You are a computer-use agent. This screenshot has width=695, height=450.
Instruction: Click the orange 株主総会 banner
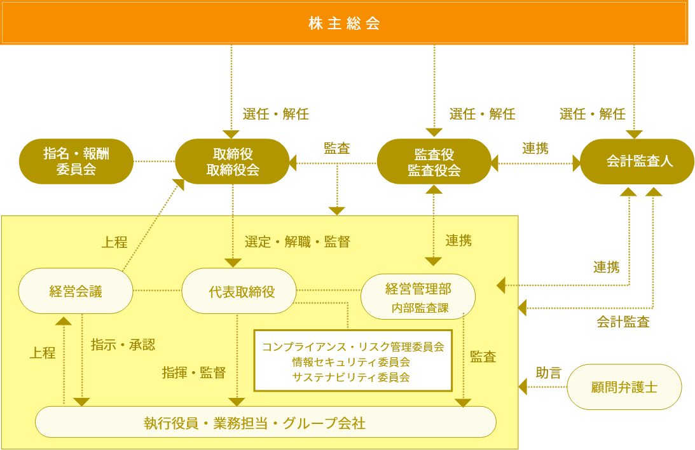344,23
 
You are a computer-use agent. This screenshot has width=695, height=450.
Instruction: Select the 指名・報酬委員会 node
76,161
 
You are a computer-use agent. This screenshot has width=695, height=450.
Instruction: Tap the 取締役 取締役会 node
232,161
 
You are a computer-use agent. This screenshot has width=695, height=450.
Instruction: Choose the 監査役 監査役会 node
434,161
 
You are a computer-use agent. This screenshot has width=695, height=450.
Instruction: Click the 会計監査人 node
637,161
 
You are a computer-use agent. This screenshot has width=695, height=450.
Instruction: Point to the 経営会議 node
76,291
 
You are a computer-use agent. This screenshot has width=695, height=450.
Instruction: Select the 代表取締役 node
239,291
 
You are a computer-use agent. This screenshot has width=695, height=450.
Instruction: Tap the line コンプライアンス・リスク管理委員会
352,346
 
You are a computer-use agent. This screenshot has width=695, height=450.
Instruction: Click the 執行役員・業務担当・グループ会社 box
265,423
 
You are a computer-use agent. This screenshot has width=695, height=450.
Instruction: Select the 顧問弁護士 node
624,386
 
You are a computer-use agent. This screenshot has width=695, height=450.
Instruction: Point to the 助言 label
549,372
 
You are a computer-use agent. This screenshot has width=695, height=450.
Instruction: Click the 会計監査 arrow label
623,322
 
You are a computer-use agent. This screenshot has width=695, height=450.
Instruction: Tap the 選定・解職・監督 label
297,242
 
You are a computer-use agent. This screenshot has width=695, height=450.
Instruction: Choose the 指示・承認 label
123,344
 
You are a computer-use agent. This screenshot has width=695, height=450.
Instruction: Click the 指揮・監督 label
194,372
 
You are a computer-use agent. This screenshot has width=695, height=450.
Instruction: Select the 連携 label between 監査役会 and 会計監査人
535,148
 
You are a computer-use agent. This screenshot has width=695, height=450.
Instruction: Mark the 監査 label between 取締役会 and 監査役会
336,148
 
